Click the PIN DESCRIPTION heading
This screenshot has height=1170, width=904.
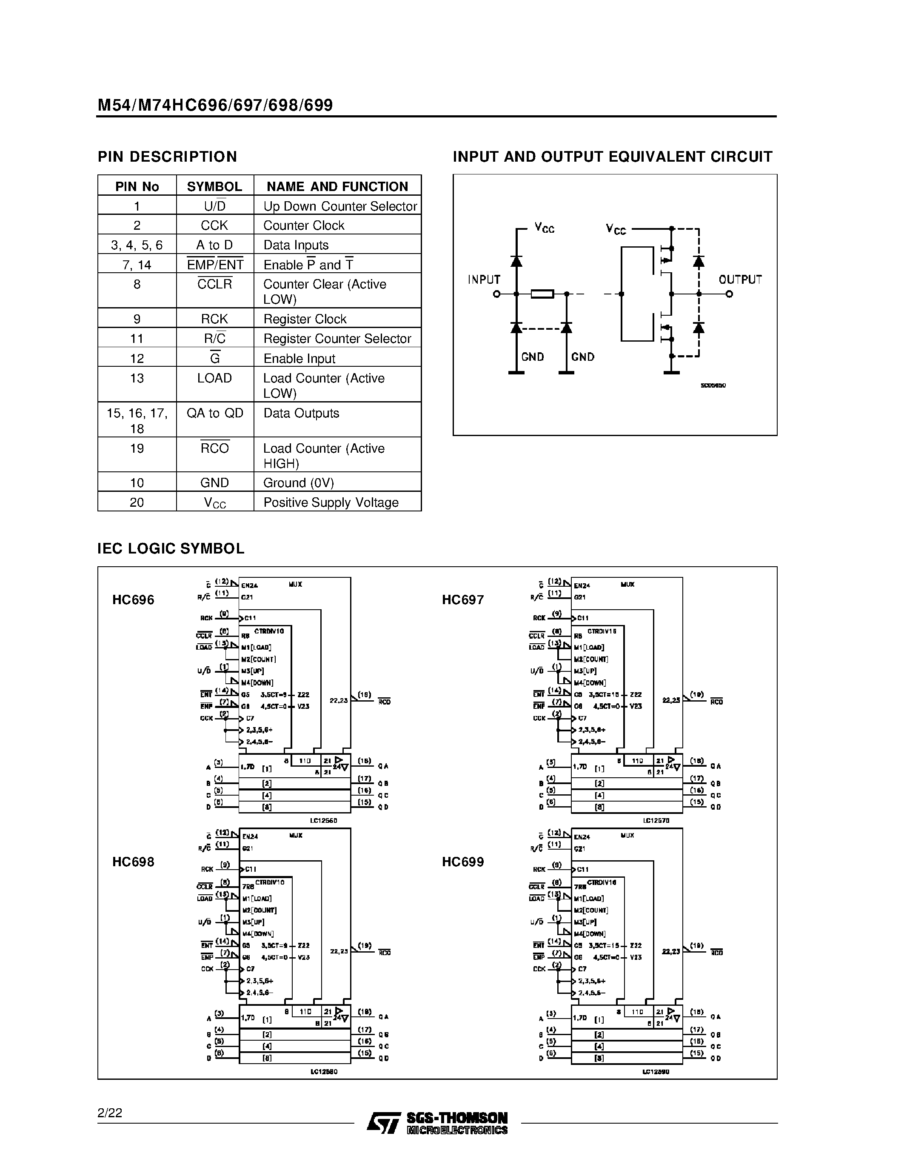(167, 157)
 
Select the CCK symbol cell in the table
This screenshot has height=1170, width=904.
(214, 225)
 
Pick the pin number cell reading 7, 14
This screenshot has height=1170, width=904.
(137, 265)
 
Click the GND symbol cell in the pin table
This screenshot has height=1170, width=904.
(214, 483)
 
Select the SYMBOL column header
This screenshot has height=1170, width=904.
(214, 186)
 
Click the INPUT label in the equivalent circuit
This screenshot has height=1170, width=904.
(484, 280)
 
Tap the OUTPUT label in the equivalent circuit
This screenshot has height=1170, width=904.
(740, 280)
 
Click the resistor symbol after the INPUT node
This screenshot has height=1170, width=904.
(542, 294)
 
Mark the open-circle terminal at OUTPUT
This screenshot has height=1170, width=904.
(729, 294)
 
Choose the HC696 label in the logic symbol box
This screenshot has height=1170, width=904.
(133, 599)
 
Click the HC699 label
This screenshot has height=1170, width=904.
(463, 862)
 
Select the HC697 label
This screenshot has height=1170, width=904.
(463, 599)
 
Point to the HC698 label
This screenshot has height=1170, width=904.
(133, 862)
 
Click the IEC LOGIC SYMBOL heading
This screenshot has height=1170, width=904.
(171, 548)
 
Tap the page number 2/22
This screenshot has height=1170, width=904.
(110, 1113)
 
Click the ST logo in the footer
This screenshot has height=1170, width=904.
(383, 1123)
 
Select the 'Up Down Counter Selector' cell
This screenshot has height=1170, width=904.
(339, 206)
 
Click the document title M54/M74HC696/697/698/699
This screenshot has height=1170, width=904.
(215, 105)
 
